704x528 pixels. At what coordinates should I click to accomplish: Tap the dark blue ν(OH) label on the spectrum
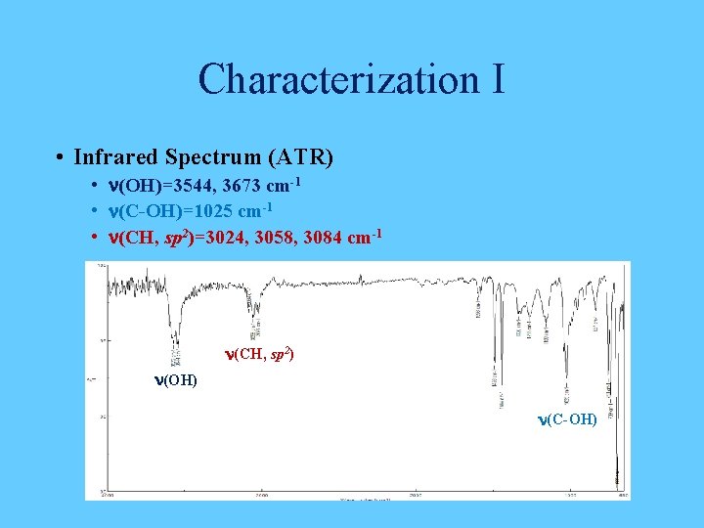(x=175, y=379)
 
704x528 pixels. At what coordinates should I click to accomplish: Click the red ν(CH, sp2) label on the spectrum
(x=259, y=355)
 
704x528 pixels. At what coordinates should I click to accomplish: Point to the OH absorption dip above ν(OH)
(x=177, y=337)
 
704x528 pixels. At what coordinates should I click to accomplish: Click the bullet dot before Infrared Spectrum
(x=61, y=157)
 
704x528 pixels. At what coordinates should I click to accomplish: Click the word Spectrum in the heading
(x=213, y=157)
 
